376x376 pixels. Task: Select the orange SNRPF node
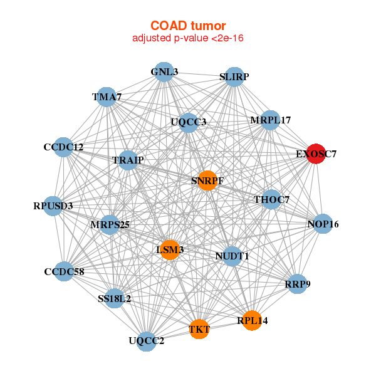tap(207, 180)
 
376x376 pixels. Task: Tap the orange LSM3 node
tap(170, 250)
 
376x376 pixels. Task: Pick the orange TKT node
tap(199, 328)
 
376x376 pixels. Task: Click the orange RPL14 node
tap(252, 320)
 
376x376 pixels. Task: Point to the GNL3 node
tap(164, 72)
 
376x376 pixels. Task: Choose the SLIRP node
tap(234, 77)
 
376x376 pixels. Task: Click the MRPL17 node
tap(270, 120)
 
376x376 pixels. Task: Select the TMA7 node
tap(107, 97)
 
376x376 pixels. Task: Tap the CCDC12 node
tap(64, 147)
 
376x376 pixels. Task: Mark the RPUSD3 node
tap(54, 206)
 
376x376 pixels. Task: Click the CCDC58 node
tap(64, 271)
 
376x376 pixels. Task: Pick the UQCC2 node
tap(147, 341)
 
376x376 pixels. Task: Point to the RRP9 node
tap(296, 284)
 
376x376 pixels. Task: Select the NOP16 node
tap(323, 224)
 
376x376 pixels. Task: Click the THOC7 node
tap(272, 200)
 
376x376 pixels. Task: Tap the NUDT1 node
tap(232, 256)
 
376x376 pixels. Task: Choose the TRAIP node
tap(128, 160)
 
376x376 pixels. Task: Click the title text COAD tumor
tap(187, 26)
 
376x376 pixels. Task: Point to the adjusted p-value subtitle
tap(187, 38)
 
